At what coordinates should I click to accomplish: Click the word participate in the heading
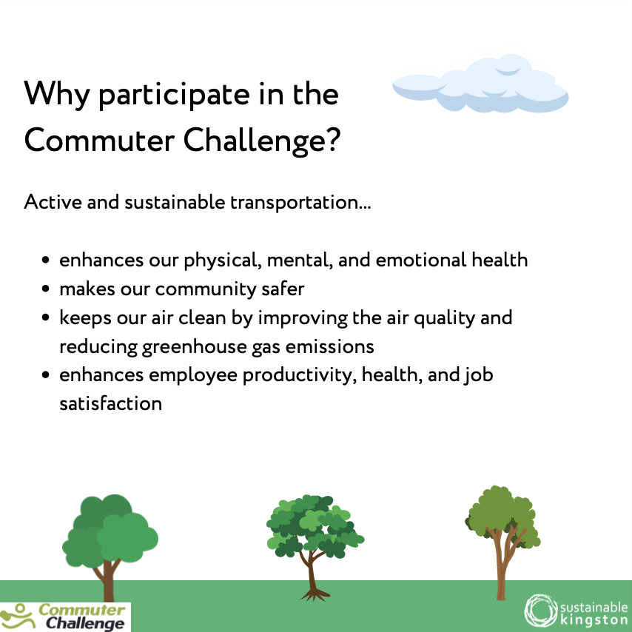[158, 95]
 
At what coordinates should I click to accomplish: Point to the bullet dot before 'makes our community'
[47, 289]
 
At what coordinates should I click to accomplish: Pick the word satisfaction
[110, 403]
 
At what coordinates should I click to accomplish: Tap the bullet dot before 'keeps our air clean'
[47, 318]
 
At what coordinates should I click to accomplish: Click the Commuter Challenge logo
[65, 616]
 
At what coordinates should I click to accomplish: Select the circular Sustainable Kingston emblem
[539, 609]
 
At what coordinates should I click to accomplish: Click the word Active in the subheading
[53, 202]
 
